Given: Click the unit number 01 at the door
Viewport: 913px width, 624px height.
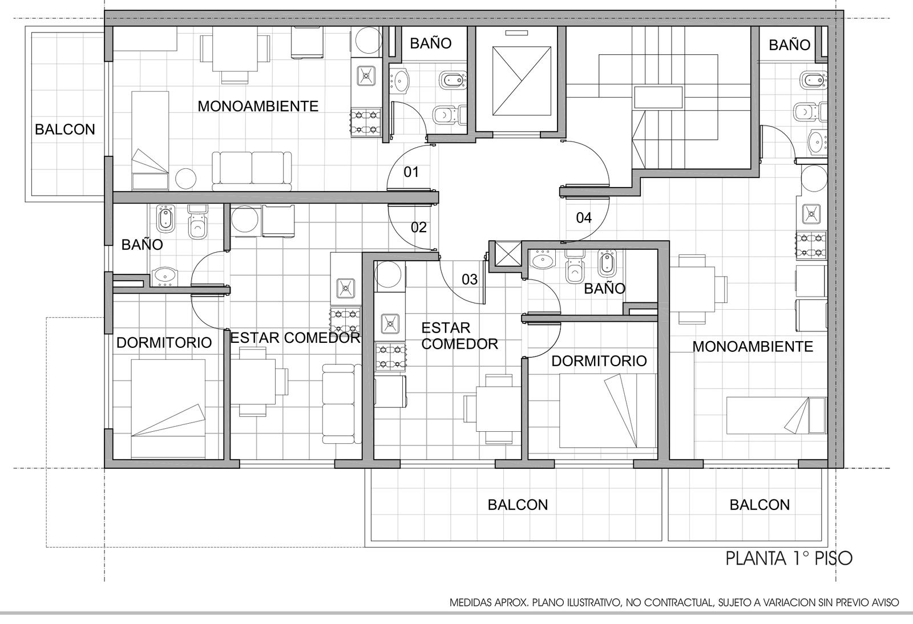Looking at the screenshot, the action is (x=411, y=172).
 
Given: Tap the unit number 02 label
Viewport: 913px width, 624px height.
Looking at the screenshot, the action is (x=419, y=227).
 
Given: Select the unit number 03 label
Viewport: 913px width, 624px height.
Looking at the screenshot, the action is (x=470, y=279).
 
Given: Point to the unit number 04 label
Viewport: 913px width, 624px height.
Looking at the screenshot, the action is (x=584, y=218).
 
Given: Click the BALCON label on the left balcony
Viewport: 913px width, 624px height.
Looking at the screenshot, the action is (x=65, y=129).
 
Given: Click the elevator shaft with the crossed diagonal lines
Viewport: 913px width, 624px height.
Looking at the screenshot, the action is (x=522, y=80).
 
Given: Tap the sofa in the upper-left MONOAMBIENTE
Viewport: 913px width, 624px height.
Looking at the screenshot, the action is (x=252, y=172).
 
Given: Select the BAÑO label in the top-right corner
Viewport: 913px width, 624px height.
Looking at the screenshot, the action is (x=790, y=45).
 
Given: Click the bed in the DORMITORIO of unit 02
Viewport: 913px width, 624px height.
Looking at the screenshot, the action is (x=168, y=408).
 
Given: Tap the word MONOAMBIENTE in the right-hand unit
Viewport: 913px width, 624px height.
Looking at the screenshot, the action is (x=753, y=347).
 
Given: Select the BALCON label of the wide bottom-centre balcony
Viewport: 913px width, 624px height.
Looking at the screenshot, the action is (x=518, y=505).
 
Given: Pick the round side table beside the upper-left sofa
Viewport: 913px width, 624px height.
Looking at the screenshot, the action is (x=186, y=179).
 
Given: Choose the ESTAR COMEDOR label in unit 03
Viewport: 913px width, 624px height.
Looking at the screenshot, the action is (x=460, y=336).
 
